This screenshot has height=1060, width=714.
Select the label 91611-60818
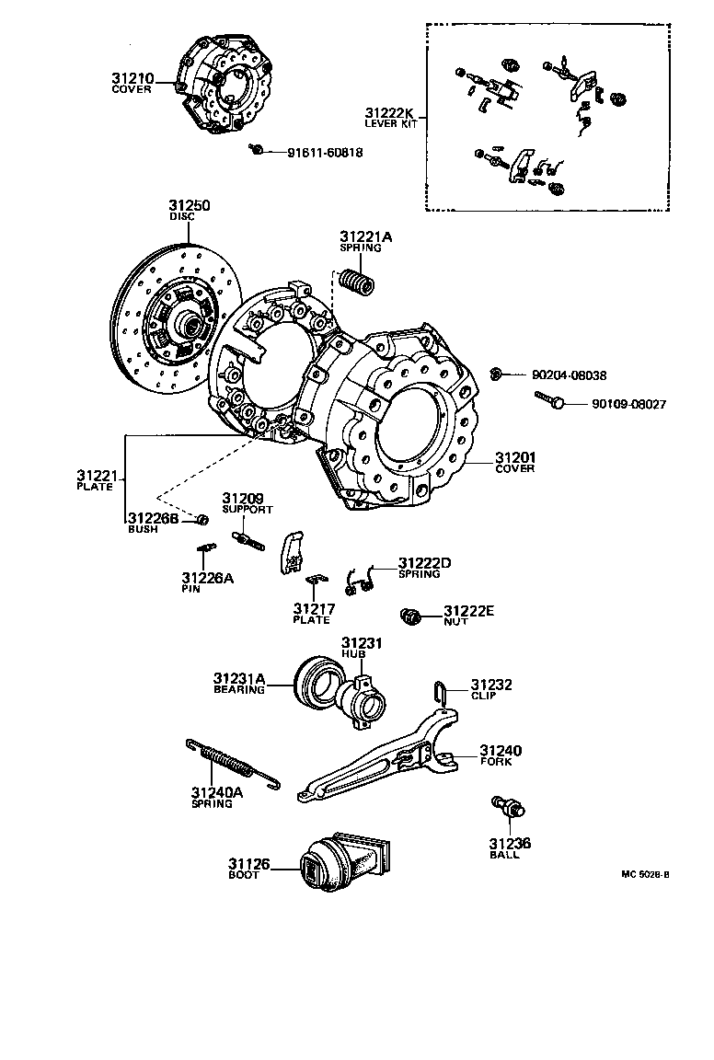click(312, 153)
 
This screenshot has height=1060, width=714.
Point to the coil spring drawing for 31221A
click(356, 279)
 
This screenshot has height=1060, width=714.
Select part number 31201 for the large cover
click(515, 457)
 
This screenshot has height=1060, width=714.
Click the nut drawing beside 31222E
click(411, 615)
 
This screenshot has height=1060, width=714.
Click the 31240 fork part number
click(500, 750)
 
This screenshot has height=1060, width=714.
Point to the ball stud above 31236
click(509, 808)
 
